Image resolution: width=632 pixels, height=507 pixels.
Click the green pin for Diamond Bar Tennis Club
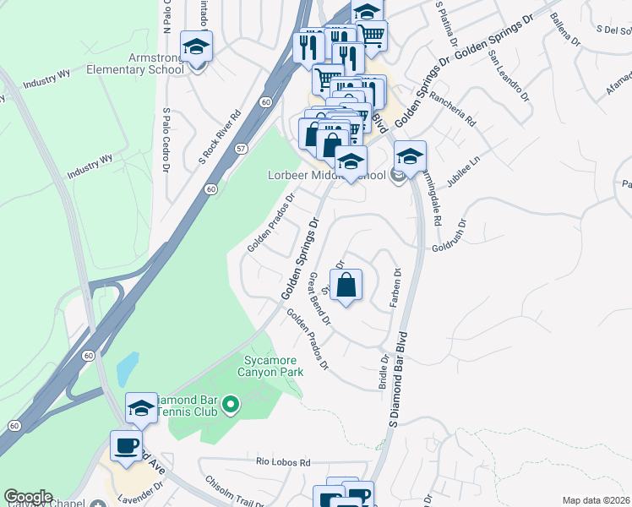click(x=229, y=406)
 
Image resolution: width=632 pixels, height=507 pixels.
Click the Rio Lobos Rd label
click(x=284, y=462)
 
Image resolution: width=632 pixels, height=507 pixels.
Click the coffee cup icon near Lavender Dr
click(x=127, y=446)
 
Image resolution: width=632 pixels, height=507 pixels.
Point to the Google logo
click(x=29, y=497)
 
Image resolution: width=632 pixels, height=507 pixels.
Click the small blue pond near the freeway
click(x=126, y=368)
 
